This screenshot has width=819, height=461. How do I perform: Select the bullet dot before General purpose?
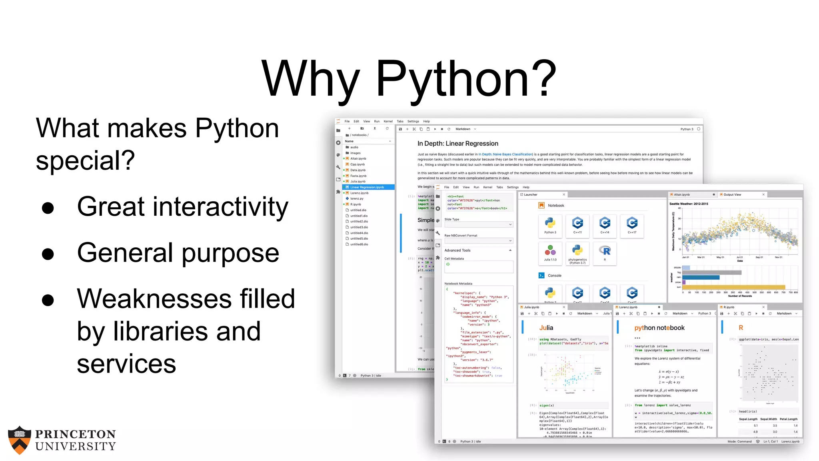[48, 254]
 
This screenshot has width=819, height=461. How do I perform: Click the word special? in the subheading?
[85, 160]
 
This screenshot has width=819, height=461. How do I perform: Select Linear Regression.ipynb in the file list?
[367, 187]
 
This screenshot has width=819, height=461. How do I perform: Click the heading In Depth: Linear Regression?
[457, 144]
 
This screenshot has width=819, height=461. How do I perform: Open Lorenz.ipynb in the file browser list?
[359, 193]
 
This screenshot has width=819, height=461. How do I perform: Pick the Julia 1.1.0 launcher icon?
[550, 252]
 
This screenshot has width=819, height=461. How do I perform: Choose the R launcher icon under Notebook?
[605, 252]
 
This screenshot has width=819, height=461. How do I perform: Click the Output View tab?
[732, 195]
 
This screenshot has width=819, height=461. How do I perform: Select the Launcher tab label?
[530, 195]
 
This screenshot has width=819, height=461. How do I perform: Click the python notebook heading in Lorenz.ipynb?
[659, 328]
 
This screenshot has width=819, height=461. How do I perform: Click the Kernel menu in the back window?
[388, 121]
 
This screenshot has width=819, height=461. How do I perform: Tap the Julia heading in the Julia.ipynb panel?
[546, 328]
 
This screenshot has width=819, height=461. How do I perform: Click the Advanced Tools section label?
[457, 251]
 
